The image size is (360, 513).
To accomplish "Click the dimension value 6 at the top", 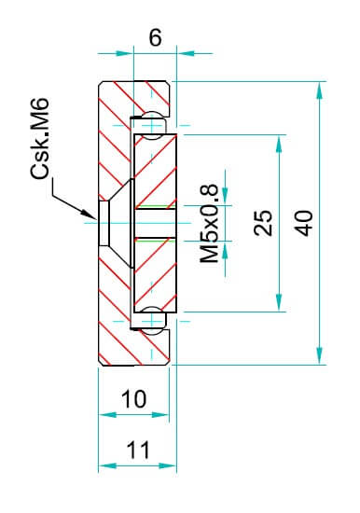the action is point(155,37).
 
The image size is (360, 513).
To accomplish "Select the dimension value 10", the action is point(134,399).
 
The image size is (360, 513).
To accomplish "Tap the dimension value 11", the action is point(138,451).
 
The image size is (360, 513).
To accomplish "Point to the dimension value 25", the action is point(263,223).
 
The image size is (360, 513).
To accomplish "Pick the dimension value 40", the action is point(303,224).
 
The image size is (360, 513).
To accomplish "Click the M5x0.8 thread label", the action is point(209,224).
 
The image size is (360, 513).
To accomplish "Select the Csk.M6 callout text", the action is point(40,138).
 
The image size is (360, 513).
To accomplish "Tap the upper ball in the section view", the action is point(152,126).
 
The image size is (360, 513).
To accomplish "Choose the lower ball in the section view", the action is point(152,321).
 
